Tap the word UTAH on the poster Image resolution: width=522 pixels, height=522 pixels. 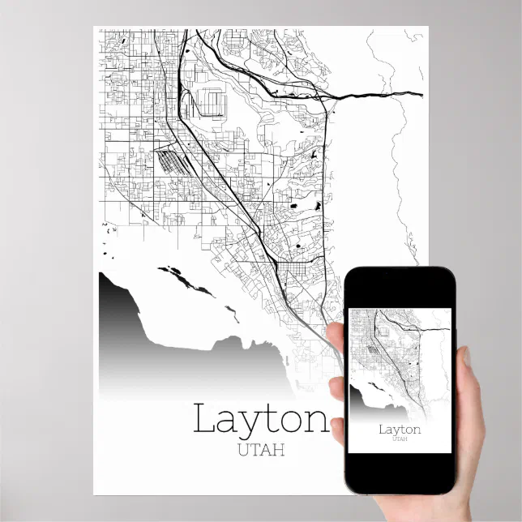click(x=261, y=450)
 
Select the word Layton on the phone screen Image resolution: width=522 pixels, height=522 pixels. click(x=400, y=429)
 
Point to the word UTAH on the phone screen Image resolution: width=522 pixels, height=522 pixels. click(x=400, y=439)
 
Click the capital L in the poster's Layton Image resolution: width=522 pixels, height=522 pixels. click(x=205, y=419)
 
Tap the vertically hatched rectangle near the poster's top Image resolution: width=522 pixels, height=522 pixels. click(x=212, y=103)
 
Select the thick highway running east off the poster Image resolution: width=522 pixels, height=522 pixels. click(x=381, y=96)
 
